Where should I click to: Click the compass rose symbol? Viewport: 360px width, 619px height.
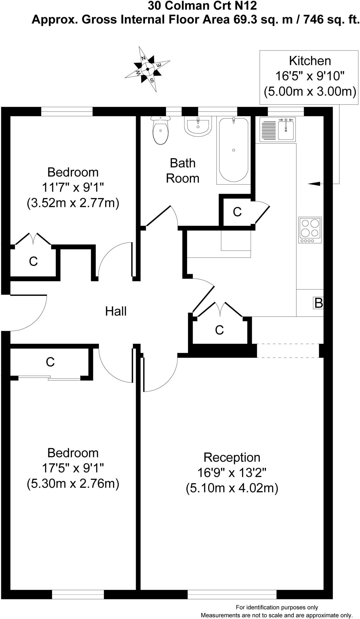click(x=148, y=69)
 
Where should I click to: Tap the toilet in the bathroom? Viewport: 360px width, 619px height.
click(x=160, y=131)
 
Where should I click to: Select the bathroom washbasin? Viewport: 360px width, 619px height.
click(x=197, y=126)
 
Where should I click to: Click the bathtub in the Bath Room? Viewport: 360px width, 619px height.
click(x=233, y=150)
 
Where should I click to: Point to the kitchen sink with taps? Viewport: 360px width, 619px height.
click(x=286, y=129)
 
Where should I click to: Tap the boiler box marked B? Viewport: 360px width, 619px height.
click(x=318, y=303)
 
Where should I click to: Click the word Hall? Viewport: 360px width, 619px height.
click(x=116, y=311)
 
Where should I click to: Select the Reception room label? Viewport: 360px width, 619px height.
click(x=232, y=457)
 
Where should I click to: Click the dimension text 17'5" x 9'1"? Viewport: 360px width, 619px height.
click(x=73, y=468)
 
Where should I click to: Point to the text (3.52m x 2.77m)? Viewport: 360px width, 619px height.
click(x=73, y=203)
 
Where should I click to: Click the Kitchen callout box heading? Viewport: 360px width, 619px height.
click(x=310, y=61)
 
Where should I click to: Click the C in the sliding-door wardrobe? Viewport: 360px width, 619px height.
click(x=50, y=362)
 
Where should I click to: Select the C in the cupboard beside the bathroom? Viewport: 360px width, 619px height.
click(x=237, y=212)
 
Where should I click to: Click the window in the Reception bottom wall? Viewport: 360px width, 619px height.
click(x=232, y=595)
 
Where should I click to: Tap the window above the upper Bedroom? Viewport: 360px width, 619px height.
click(x=66, y=111)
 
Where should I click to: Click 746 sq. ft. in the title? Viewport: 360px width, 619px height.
click(x=332, y=20)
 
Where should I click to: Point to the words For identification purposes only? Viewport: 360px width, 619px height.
click(x=277, y=607)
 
